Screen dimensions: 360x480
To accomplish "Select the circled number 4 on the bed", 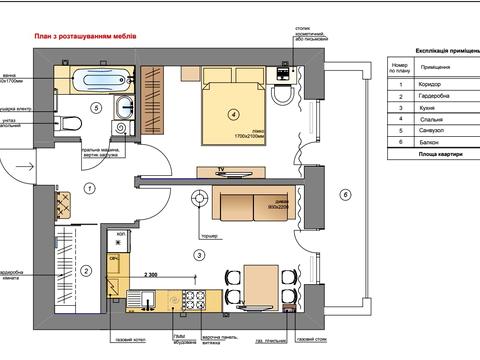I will point(232,113).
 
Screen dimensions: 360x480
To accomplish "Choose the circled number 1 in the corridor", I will point(89,188).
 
